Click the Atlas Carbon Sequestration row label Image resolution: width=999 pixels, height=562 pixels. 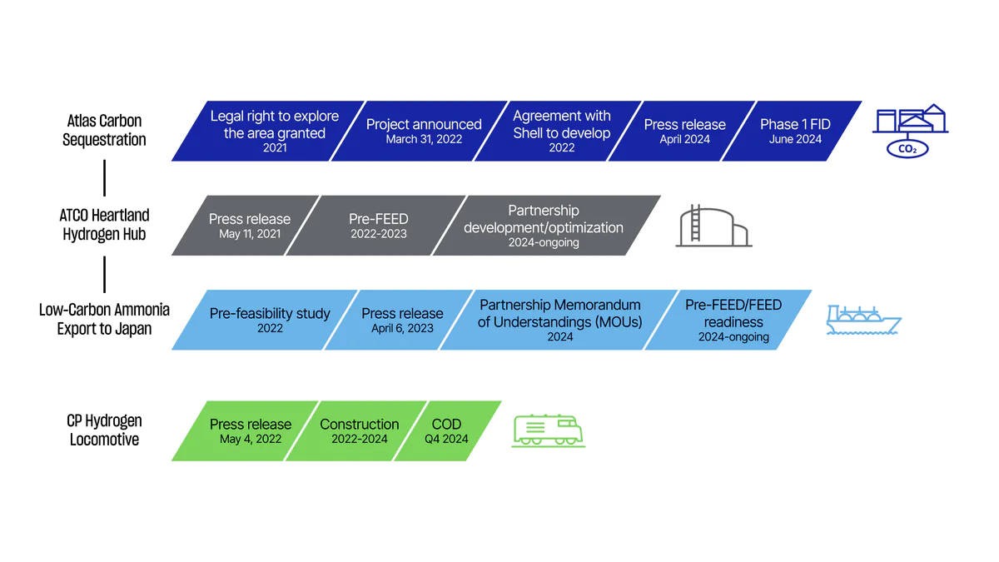tap(104, 131)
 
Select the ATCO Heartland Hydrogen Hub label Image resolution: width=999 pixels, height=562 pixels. tap(104, 225)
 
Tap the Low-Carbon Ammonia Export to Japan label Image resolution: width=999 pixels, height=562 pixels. tap(104, 319)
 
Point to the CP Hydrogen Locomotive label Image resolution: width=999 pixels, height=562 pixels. tap(104, 430)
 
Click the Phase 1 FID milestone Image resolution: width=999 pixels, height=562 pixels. tap(795, 131)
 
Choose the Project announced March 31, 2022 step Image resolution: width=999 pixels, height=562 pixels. tap(424, 131)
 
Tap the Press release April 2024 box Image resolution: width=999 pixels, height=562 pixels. tap(684, 131)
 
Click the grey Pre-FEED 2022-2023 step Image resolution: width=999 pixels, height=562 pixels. tap(379, 226)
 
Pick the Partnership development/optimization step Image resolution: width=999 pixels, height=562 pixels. tap(544, 226)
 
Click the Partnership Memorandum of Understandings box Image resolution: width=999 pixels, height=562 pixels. tap(559, 320)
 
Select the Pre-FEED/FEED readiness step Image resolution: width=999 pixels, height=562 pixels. tap(733, 320)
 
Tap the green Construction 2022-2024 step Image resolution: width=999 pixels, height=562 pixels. tap(359, 430)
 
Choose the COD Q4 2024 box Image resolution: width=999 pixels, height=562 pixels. tap(446, 430)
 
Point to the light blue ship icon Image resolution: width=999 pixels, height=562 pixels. tap(862, 320)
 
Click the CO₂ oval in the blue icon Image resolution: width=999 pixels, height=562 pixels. tap(907, 150)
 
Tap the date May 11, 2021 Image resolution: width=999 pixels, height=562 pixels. tap(250, 234)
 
